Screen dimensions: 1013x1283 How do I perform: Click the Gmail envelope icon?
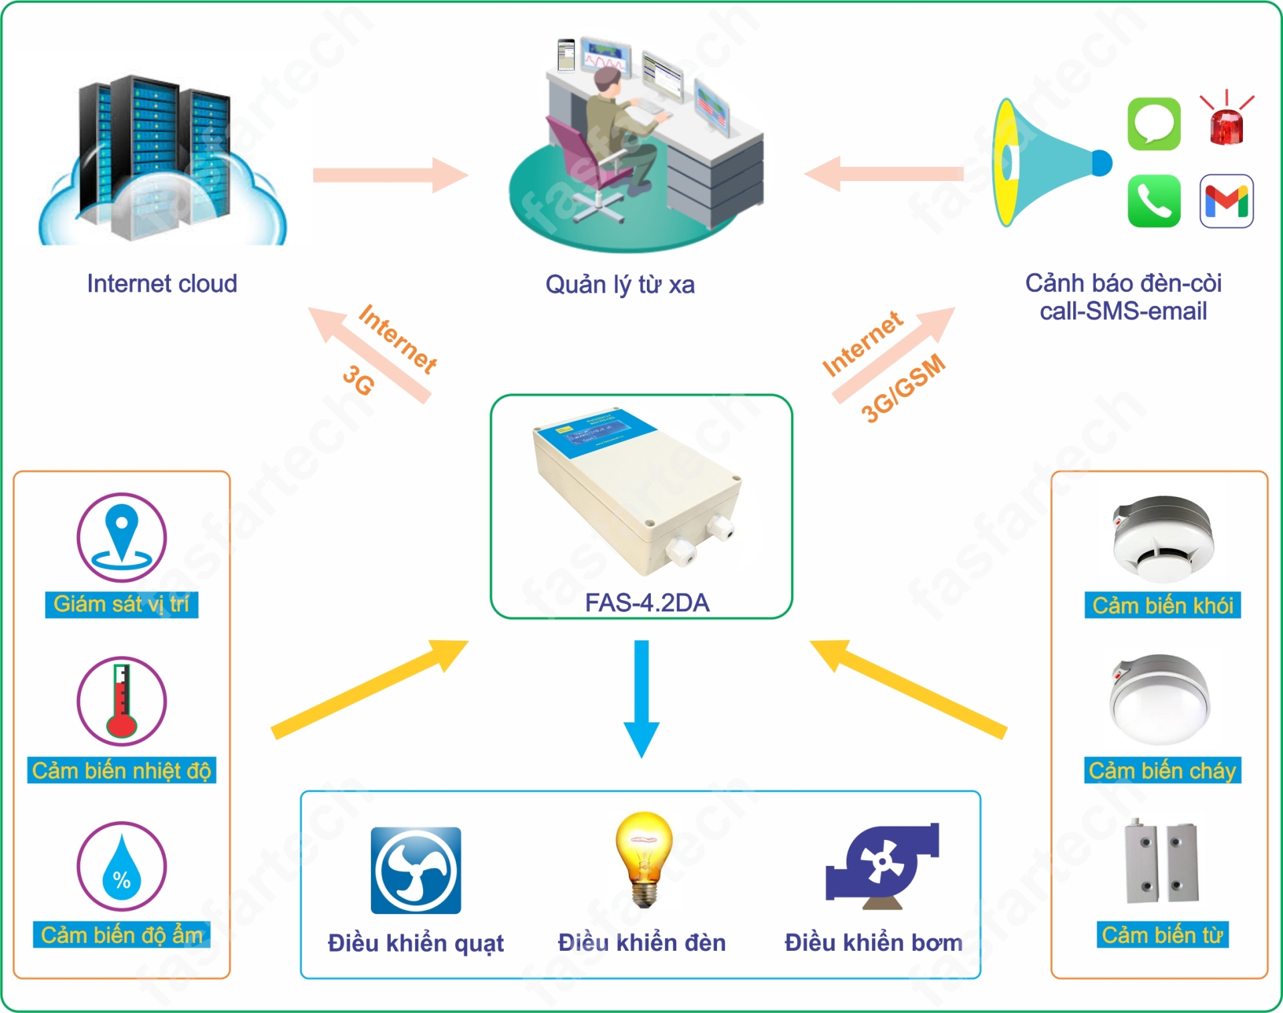click(x=1226, y=201)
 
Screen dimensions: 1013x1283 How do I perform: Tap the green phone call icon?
click(x=1154, y=201)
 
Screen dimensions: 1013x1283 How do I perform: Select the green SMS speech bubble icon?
click(x=1154, y=124)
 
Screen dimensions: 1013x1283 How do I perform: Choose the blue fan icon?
click(x=416, y=870)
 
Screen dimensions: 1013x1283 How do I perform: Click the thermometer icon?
click(x=122, y=701)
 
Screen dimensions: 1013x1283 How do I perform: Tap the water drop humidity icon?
click(x=122, y=867)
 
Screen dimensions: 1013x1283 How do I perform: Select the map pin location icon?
click(x=122, y=537)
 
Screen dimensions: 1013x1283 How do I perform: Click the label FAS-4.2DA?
click(x=647, y=603)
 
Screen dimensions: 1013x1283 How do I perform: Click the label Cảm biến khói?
click(x=1163, y=605)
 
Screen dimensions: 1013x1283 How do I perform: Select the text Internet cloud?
click(x=162, y=283)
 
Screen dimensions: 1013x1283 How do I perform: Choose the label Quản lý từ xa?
click(x=620, y=285)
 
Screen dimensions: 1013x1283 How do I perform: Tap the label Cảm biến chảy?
click(x=1162, y=770)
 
